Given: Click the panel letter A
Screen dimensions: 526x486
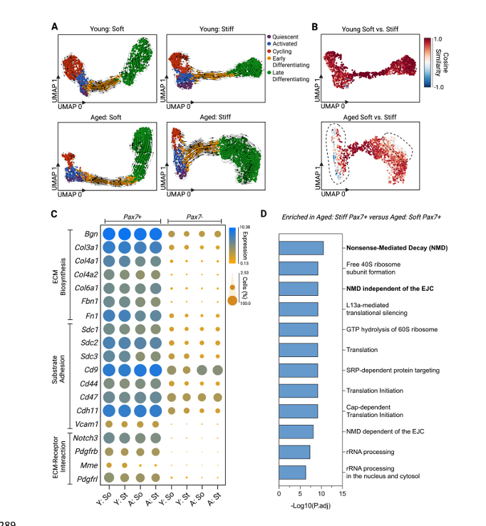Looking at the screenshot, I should tap(54, 26).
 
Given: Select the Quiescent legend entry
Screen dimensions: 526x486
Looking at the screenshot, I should tap(286, 36).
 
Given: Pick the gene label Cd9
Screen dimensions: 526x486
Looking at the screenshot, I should tap(90, 369).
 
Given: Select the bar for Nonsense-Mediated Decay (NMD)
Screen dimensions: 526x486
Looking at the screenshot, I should tap(301, 248).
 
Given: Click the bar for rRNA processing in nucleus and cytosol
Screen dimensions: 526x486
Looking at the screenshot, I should tap(292, 472).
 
